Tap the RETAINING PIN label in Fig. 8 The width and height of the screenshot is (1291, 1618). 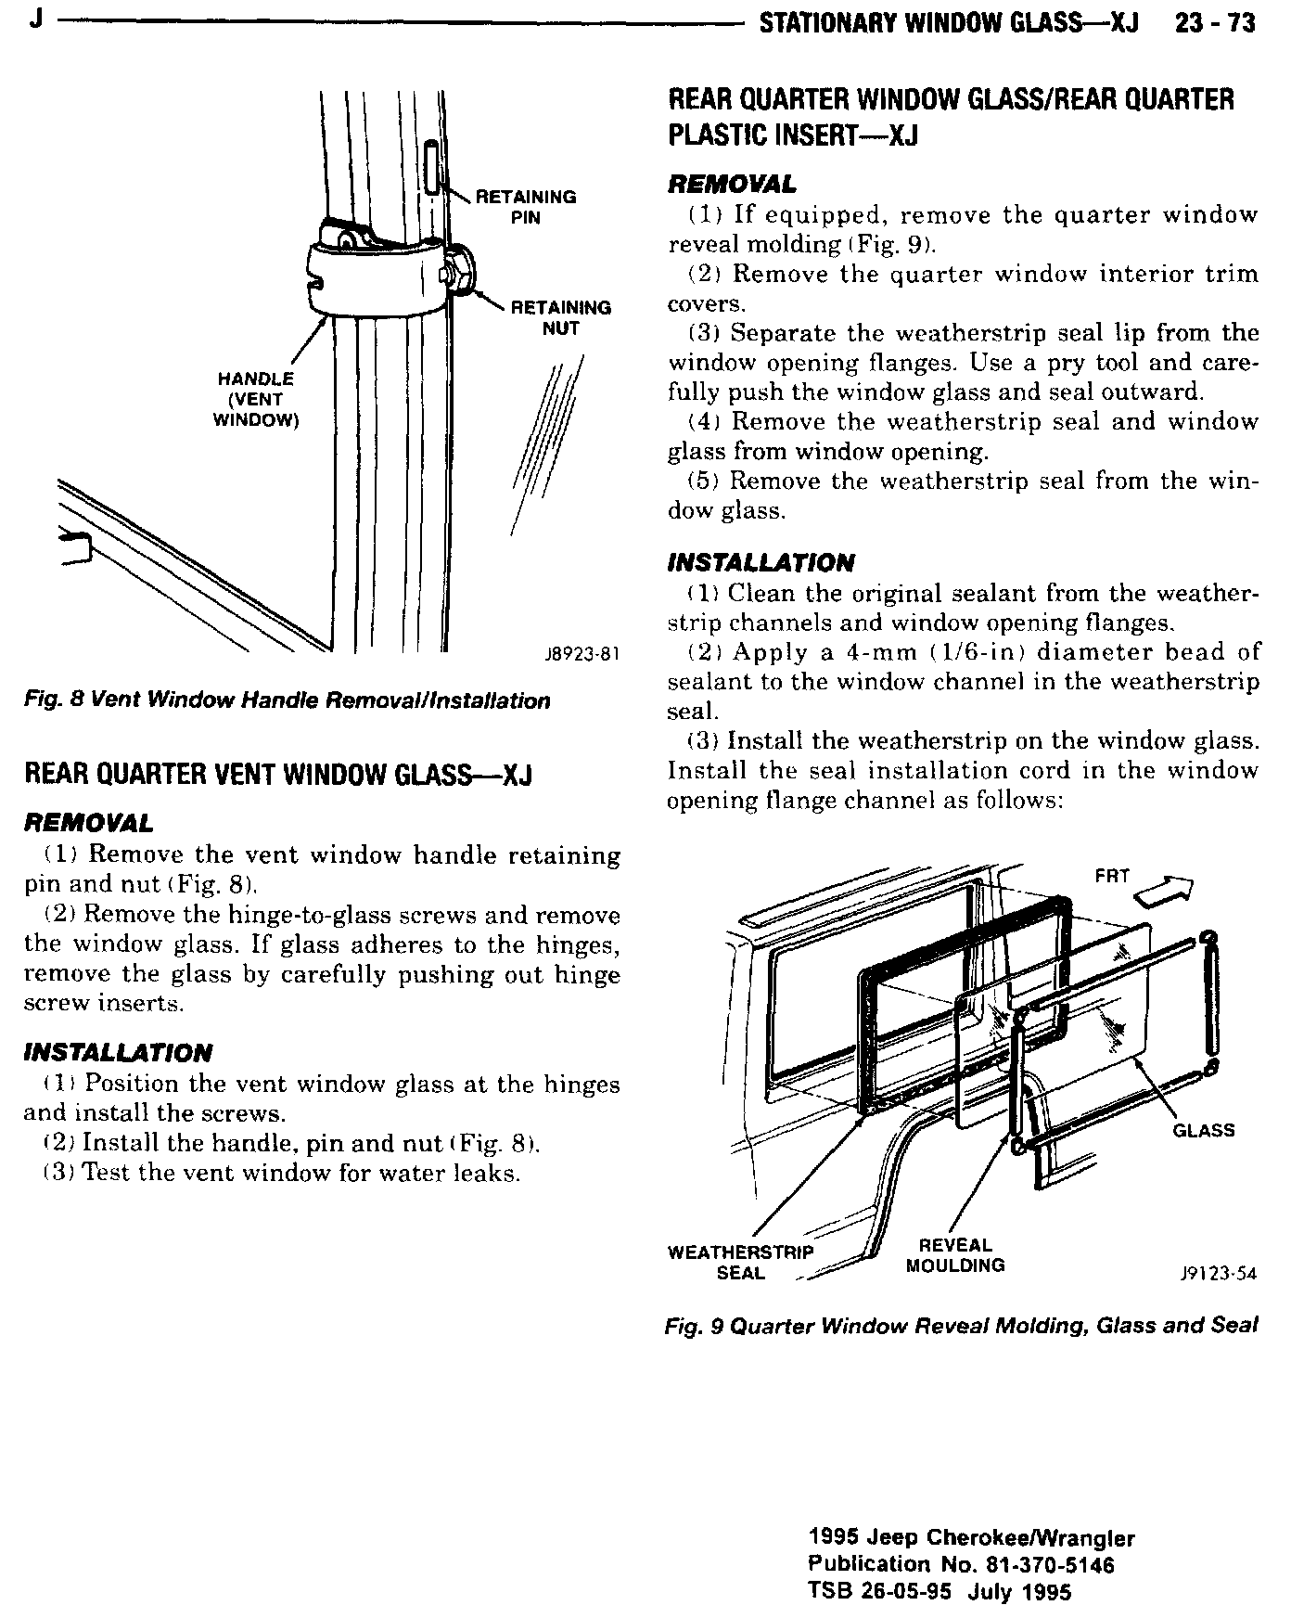tap(525, 207)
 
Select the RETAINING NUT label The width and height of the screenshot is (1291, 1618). tap(561, 317)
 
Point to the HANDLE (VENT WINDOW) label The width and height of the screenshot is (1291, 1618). tap(255, 399)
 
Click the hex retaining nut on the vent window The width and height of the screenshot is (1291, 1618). tap(458, 270)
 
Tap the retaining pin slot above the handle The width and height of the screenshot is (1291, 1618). tap(432, 166)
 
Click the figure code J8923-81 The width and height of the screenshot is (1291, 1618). tap(581, 656)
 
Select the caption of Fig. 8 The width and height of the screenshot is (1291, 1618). tap(287, 700)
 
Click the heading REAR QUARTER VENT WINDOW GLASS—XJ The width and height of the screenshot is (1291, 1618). tap(277, 775)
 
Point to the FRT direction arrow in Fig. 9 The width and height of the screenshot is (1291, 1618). tap(1166, 891)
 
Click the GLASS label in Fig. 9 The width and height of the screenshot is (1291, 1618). tap(1204, 1130)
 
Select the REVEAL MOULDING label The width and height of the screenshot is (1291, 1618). tap(955, 1255)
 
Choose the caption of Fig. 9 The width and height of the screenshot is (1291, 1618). tap(961, 1326)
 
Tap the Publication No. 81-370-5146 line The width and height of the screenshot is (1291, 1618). tap(961, 1565)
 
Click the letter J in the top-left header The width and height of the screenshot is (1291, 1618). tap(33, 19)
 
